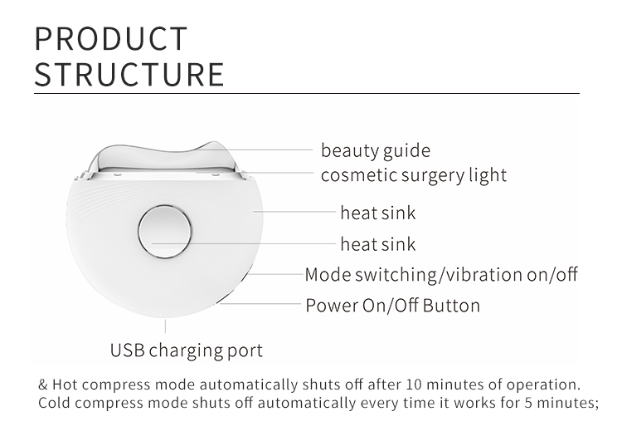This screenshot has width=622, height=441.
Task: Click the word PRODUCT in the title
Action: (x=111, y=39)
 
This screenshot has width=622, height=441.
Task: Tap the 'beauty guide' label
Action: (x=376, y=150)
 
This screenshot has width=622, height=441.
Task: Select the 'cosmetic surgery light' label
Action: (x=413, y=175)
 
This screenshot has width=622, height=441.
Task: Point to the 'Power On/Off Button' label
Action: (x=392, y=305)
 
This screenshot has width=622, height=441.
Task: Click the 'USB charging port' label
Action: (x=187, y=350)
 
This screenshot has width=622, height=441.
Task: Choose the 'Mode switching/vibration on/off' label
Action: (x=441, y=274)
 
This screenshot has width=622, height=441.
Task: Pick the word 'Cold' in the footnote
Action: (x=55, y=404)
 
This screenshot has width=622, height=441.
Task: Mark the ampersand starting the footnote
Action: (x=43, y=385)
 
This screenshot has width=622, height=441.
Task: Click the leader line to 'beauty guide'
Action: (x=274, y=149)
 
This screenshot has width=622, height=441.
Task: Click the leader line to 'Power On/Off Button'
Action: (x=265, y=305)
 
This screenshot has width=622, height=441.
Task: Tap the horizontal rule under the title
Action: (x=306, y=94)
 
